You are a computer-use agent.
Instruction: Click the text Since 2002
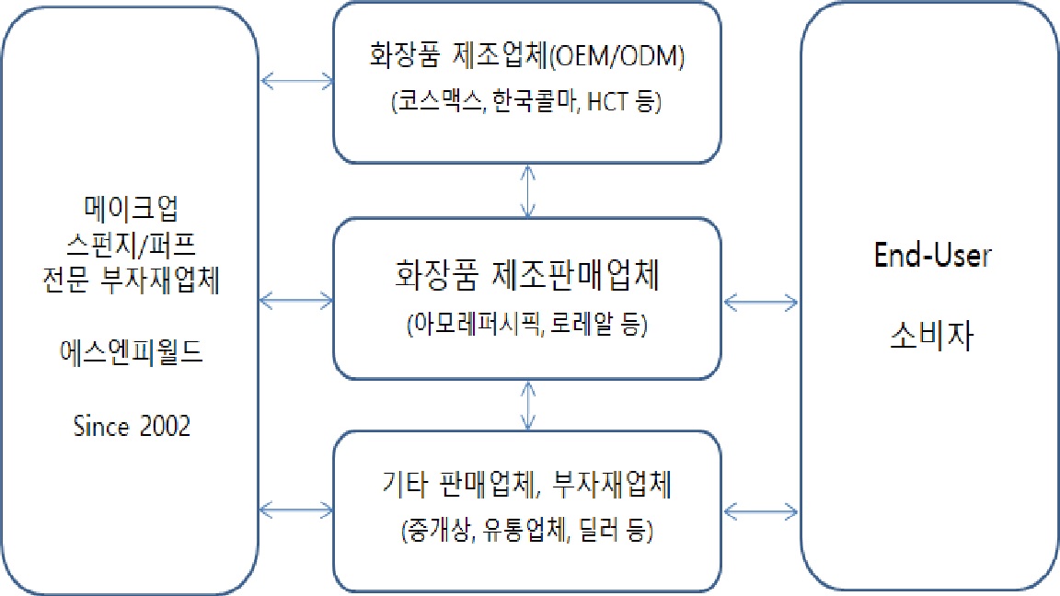[x=132, y=427]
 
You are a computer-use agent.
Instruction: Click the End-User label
[x=932, y=256]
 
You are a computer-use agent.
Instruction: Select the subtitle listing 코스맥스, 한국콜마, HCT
[x=525, y=103]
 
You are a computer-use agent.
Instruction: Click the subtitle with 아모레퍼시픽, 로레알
[x=525, y=325]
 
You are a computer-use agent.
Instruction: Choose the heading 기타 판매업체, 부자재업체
[x=525, y=484]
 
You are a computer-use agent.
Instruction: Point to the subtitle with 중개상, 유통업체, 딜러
[x=525, y=532]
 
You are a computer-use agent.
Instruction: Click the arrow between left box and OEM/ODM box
[x=297, y=81]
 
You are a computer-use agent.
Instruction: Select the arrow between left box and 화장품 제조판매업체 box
[x=297, y=300]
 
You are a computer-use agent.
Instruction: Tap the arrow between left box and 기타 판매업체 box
[x=297, y=508]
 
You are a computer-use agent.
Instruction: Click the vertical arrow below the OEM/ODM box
[x=526, y=191]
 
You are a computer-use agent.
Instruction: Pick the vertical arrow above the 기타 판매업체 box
[x=526, y=405]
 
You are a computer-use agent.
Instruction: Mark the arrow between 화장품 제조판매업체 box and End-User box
[x=761, y=300]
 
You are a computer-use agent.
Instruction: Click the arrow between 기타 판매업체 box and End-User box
[x=761, y=508]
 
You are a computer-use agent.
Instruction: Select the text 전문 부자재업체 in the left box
[x=132, y=282]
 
